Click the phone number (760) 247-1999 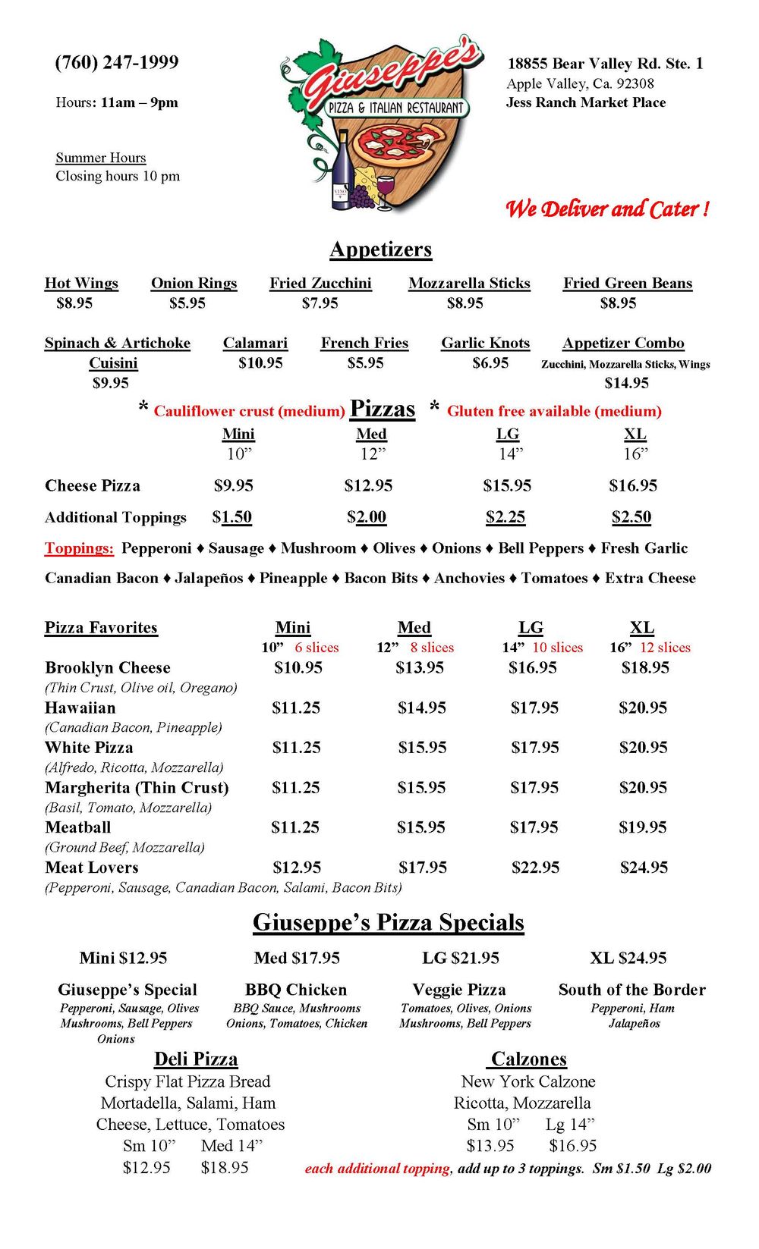[x=117, y=62]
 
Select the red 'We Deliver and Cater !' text [x=607, y=209]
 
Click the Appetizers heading [x=380, y=249]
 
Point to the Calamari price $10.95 [x=260, y=362]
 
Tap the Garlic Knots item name [x=485, y=343]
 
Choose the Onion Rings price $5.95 [x=187, y=303]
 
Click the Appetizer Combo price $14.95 [x=626, y=383]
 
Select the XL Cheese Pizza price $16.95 [x=633, y=485]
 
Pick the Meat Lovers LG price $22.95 [x=535, y=868]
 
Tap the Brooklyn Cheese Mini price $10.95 [x=298, y=668]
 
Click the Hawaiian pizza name [x=80, y=708]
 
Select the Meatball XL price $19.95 [x=642, y=827]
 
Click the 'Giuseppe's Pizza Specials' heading [x=388, y=923]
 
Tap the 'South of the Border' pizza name [x=631, y=990]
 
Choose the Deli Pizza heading [x=196, y=1059]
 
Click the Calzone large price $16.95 [x=572, y=1146]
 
